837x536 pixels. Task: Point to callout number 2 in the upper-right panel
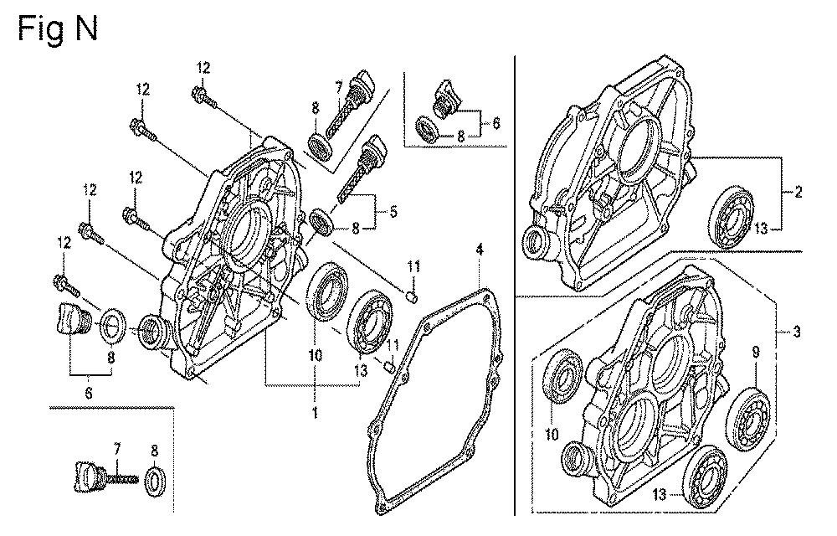(x=798, y=193)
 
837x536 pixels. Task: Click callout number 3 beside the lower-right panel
(x=797, y=332)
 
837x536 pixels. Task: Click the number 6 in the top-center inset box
(x=496, y=122)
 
